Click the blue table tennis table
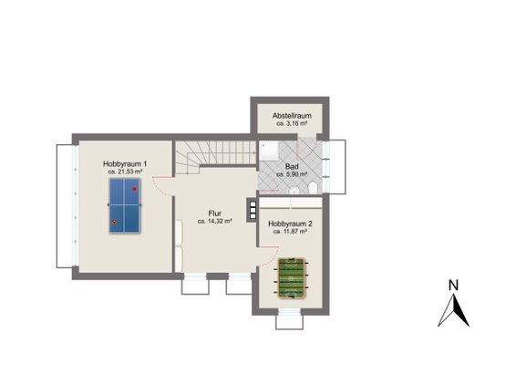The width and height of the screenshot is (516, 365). [x=125, y=205]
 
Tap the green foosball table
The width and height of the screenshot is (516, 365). [x=291, y=278]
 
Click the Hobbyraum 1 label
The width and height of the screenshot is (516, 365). [x=125, y=163]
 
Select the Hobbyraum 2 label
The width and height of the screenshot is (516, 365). [x=290, y=224]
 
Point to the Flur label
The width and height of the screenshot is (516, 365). [x=215, y=214]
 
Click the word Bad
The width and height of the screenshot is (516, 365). [x=292, y=167]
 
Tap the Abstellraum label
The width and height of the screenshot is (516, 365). [x=292, y=116]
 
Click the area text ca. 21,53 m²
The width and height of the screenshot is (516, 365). [x=125, y=172]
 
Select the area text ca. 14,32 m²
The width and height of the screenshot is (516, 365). [x=215, y=222]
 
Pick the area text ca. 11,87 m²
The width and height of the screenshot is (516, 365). [x=290, y=232]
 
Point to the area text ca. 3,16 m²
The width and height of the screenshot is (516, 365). [x=292, y=123]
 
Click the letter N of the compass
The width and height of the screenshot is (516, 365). [x=453, y=286]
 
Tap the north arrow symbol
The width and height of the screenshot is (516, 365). [x=453, y=310]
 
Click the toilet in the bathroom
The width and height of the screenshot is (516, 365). [x=313, y=189]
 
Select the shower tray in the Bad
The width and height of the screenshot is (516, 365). [x=269, y=151]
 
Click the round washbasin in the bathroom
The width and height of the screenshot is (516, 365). [x=294, y=191]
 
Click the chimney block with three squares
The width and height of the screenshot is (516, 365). [x=253, y=210]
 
